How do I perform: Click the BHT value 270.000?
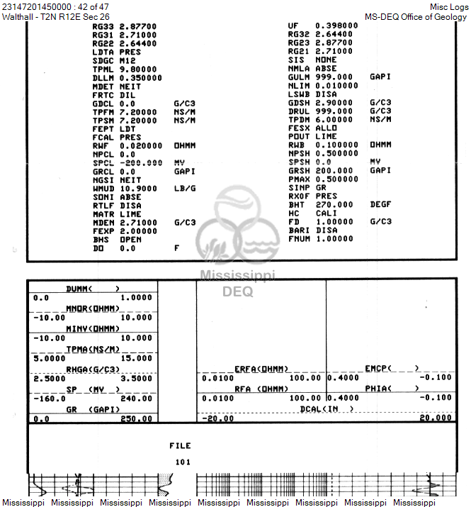click(x=333, y=204)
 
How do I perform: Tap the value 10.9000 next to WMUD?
click(x=138, y=189)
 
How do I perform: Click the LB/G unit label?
click(x=184, y=189)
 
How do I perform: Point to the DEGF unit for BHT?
click(x=380, y=204)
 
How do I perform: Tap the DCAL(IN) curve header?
click(x=327, y=409)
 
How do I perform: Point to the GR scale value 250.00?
click(x=137, y=418)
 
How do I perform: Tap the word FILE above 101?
click(x=180, y=445)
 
